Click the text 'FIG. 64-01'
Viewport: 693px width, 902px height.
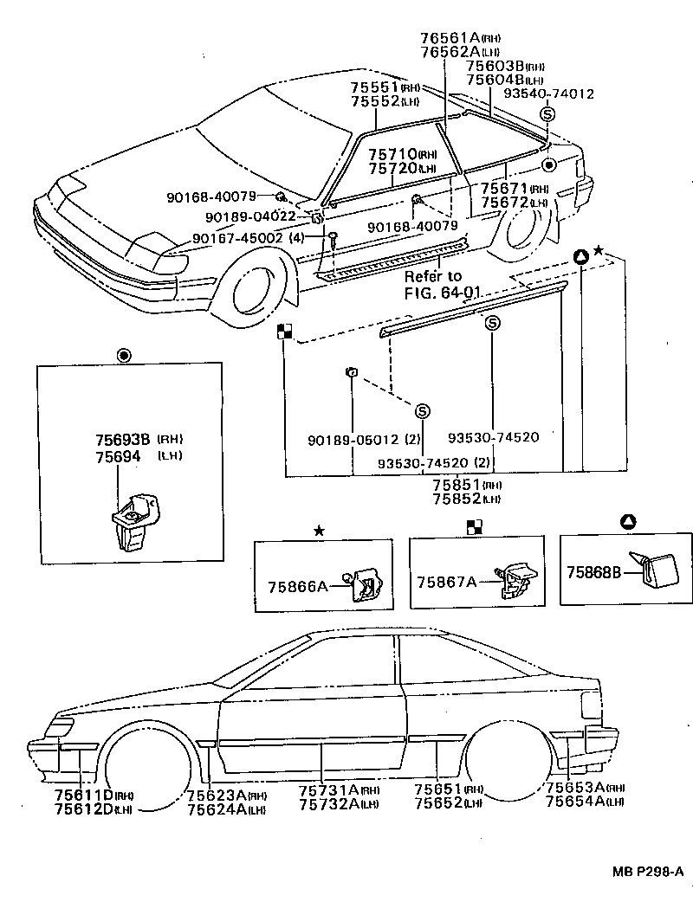(442, 292)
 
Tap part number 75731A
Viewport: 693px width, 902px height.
(327, 790)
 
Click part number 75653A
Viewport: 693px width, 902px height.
(574, 788)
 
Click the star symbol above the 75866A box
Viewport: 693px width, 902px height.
(319, 530)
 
